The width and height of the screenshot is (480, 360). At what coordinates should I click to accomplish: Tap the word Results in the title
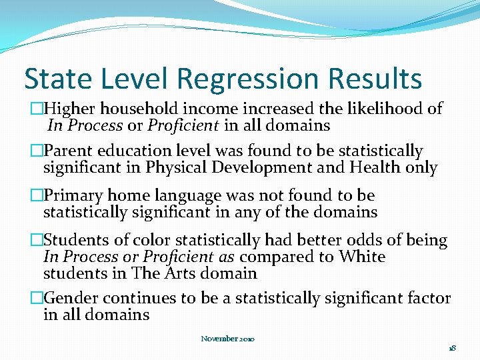pos(375,79)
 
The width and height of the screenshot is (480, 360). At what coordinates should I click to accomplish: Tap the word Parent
pos(69,152)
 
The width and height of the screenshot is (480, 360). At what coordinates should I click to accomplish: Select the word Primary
pos(73,196)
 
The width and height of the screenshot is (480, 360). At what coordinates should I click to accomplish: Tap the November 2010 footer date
pos(228,339)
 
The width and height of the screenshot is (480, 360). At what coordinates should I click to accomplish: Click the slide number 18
pos(451,348)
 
